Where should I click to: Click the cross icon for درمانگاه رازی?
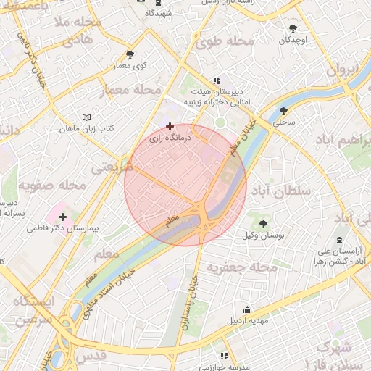(170, 126)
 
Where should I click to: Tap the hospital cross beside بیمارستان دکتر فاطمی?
(63, 216)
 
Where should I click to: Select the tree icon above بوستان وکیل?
(262, 224)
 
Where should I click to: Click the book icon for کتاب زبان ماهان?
(88, 117)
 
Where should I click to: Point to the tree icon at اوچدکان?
(293, 29)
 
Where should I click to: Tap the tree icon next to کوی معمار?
(130, 54)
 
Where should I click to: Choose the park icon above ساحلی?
(283, 111)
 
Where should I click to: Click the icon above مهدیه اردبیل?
(249, 308)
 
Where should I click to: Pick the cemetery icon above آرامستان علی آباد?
(338, 240)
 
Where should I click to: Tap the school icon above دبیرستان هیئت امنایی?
(216, 81)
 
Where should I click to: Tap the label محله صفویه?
(53, 185)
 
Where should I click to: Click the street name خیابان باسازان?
(189, 304)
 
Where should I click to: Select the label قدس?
(91, 355)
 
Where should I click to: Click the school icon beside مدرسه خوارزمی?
(224, 357)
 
